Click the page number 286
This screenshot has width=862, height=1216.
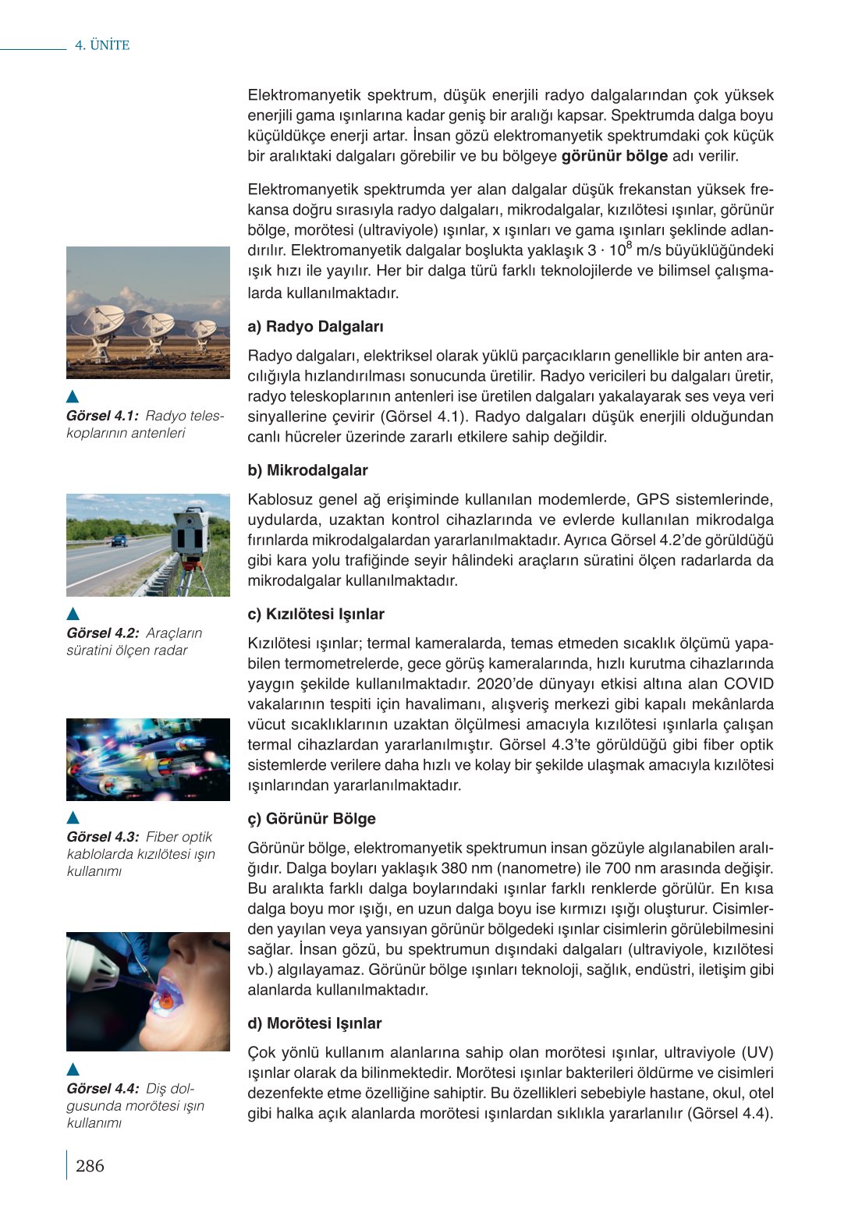click(x=90, y=1165)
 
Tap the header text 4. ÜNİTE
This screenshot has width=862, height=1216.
click(x=102, y=45)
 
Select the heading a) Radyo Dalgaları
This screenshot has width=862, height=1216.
click(x=315, y=327)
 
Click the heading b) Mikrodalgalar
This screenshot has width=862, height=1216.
click(x=307, y=470)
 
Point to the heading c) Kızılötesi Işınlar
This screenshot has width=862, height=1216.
click(x=316, y=614)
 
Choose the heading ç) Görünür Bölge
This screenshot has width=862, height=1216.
click(x=311, y=818)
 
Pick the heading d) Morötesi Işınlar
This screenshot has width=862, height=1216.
click(x=314, y=1023)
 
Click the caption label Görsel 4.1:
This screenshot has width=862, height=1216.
click(x=102, y=416)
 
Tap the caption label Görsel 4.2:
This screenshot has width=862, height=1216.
click(x=102, y=633)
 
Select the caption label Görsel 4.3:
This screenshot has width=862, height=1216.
click(x=102, y=837)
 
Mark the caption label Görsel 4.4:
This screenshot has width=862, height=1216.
click(x=102, y=1088)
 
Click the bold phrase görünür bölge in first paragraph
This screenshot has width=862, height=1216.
click(x=614, y=156)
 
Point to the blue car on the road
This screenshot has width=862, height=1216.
click(x=119, y=541)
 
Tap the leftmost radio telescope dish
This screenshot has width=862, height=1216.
click(x=98, y=321)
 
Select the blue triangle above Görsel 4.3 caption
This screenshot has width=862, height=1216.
click(x=73, y=817)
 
